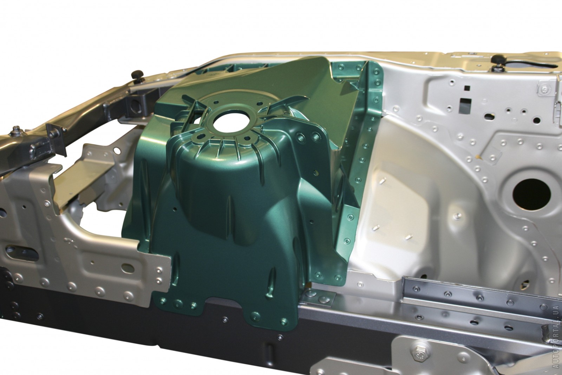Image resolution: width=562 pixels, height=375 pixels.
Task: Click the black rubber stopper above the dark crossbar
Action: click(x=138, y=75)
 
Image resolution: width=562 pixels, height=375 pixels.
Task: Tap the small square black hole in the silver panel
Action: click(x=467, y=88)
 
